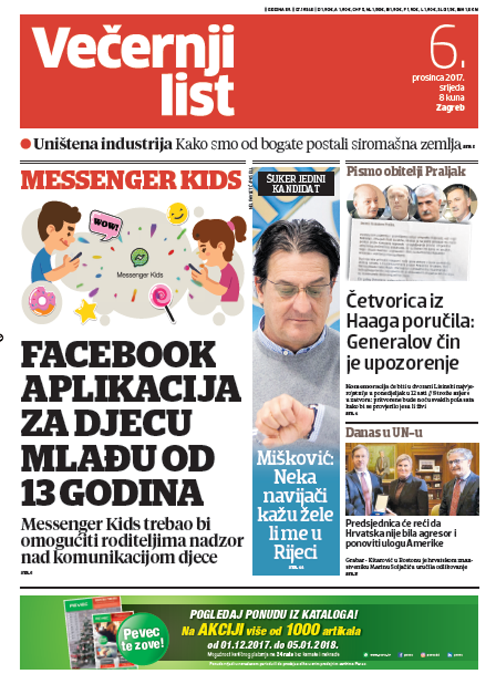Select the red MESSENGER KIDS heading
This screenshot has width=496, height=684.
pos(131,180)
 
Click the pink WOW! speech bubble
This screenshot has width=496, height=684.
pos(105,224)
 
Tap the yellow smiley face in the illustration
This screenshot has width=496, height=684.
pos(178,213)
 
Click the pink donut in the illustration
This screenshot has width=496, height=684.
pos(42,300)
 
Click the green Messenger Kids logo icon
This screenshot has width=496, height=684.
pos(139,258)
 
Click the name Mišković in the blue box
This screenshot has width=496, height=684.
pos(295,458)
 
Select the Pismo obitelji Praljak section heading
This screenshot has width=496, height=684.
pos(405,171)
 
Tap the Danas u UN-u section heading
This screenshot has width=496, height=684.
pos(384,433)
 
